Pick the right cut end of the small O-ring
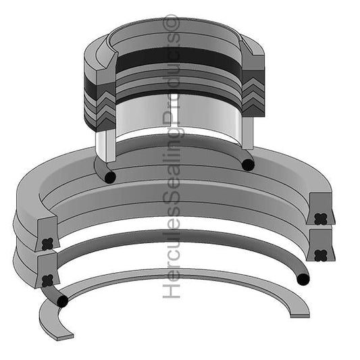click(x=248, y=164)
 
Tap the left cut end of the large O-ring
click(x=62, y=301)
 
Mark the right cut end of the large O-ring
click(x=303, y=278)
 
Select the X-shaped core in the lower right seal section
click(x=320, y=255)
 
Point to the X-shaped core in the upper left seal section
click(x=47, y=243)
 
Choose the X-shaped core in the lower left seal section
click(x=47, y=280)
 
